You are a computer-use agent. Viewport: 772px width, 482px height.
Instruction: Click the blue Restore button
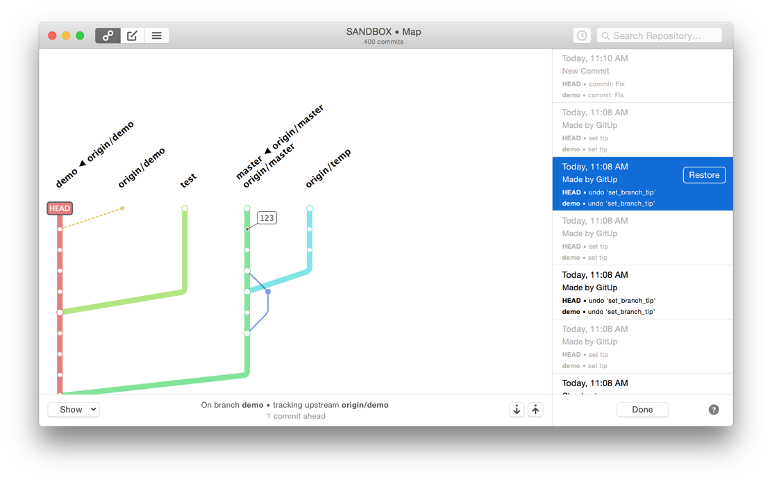coord(704,175)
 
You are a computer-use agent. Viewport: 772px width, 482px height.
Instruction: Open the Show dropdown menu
coord(74,409)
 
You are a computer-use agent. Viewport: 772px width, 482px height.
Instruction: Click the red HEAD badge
coord(60,208)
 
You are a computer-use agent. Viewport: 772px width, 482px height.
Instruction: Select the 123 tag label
coord(267,217)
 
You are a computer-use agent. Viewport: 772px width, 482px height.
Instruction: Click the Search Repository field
coord(660,35)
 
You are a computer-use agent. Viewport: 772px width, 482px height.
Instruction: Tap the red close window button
coord(52,35)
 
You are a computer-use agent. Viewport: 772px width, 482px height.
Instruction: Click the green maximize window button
coord(80,35)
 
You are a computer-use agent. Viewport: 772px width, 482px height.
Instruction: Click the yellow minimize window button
coord(66,35)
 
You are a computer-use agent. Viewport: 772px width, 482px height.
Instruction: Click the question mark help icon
coord(714,409)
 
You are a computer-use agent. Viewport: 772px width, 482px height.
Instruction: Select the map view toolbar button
coord(108,35)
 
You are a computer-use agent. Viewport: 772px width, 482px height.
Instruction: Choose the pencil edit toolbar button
coord(132,35)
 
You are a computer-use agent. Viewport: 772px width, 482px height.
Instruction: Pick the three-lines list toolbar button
coord(157,35)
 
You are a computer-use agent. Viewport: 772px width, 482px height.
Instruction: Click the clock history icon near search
coord(582,35)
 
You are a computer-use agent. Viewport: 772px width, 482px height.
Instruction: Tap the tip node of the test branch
coord(185,208)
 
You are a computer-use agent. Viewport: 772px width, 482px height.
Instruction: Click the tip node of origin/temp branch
coord(309,208)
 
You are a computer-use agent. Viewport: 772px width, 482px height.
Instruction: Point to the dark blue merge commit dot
coord(268,292)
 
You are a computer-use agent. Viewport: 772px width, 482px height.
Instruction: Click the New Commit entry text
coord(585,71)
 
